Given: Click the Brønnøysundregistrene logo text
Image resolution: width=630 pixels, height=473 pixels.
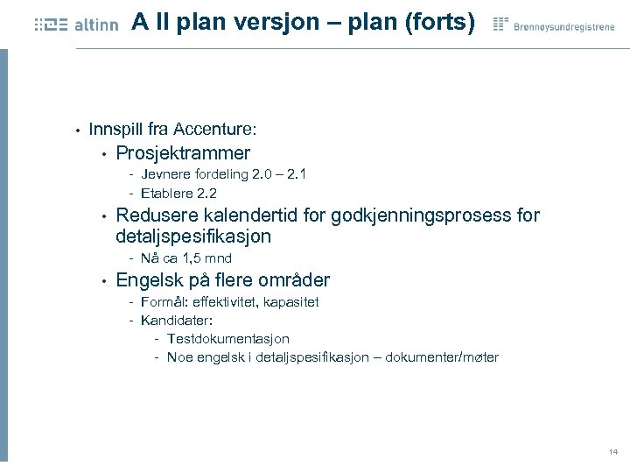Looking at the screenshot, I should (x=563, y=26).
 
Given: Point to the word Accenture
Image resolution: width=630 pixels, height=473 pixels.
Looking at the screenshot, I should (x=213, y=129).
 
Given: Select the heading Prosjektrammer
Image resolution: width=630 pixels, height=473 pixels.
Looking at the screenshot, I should (x=183, y=153).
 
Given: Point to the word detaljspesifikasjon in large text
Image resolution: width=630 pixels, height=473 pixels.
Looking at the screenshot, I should (x=193, y=236).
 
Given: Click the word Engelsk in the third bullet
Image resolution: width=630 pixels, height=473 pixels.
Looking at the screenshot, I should (x=148, y=280).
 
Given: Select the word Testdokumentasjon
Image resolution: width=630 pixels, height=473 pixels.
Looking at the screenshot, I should (x=227, y=338).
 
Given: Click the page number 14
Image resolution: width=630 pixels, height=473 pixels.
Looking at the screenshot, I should (x=612, y=452).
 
